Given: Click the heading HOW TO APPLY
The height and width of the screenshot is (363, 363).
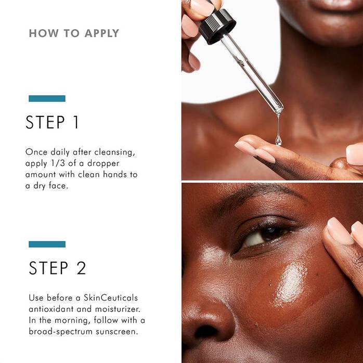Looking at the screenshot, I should (x=74, y=33).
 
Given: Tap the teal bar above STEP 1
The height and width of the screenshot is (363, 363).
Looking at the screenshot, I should (x=47, y=98).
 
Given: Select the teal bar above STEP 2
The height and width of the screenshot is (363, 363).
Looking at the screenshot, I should (x=47, y=244).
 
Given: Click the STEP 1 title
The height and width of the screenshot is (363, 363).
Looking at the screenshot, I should (x=53, y=122).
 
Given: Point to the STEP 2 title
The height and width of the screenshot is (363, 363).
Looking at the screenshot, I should (x=57, y=268).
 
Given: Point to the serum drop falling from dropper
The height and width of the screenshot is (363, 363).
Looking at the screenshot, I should (x=278, y=139).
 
